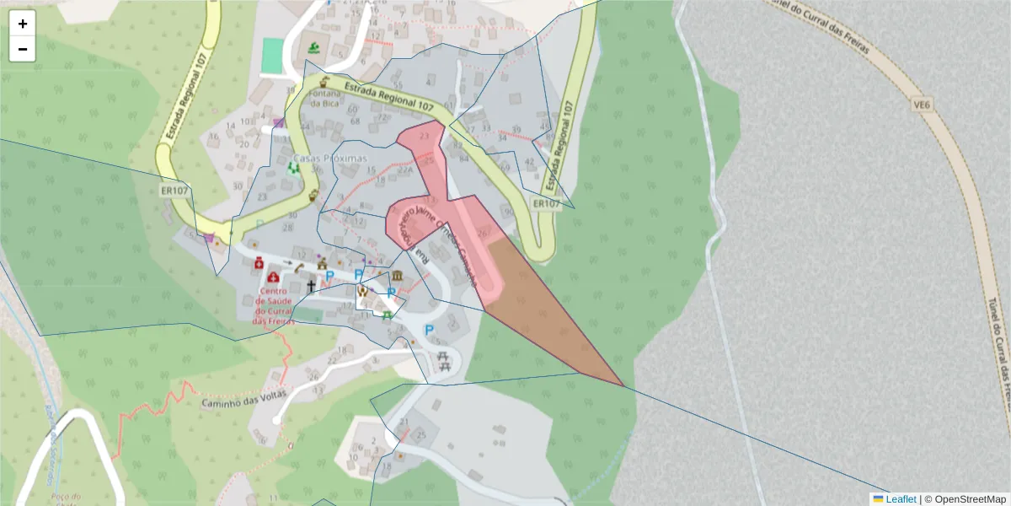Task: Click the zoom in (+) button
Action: (23, 24)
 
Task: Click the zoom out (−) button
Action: (23, 49)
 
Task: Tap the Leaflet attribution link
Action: (901, 499)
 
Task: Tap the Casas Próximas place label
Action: (330, 159)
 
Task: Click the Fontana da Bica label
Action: (324, 99)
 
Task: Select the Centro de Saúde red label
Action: (275, 307)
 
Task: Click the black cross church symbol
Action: (311, 287)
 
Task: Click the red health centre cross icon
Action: (273, 277)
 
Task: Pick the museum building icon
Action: (397, 277)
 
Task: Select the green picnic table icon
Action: (387, 316)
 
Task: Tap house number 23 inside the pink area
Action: (423, 135)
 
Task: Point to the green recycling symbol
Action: (294, 168)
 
